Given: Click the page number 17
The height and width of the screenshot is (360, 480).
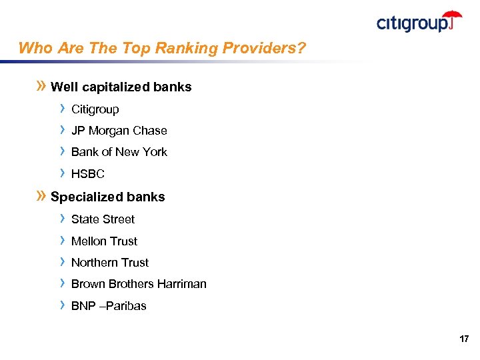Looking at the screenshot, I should [x=464, y=339].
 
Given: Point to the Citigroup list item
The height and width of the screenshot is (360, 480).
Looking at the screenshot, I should [x=95, y=109].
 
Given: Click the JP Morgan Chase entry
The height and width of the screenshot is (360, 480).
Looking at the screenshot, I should [x=119, y=131].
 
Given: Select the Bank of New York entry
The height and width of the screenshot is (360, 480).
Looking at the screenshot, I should [x=119, y=152].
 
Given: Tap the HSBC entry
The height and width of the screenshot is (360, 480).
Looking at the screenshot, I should [x=88, y=174].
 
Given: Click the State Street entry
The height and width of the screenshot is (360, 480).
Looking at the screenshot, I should [x=103, y=219].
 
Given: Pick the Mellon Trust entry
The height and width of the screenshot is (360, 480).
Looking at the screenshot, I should [x=104, y=241].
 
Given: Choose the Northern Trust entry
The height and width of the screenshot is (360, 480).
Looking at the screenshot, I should [x=110, y=263].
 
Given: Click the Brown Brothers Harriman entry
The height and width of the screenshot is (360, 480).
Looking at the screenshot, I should [x=139, y=284].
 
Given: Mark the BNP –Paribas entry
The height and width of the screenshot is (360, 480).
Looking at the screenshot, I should [x=109, y=306].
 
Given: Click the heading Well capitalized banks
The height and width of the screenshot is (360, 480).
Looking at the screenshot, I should [x=121, y=87].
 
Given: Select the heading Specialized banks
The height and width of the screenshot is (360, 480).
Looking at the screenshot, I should [x=107, y=197].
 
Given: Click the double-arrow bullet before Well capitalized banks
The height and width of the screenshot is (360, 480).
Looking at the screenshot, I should [x=41, y=86].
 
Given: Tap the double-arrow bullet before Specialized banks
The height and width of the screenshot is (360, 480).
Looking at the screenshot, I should [x=41, y=196].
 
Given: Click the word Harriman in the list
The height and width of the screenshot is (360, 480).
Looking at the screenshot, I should [x=183, y=284].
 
